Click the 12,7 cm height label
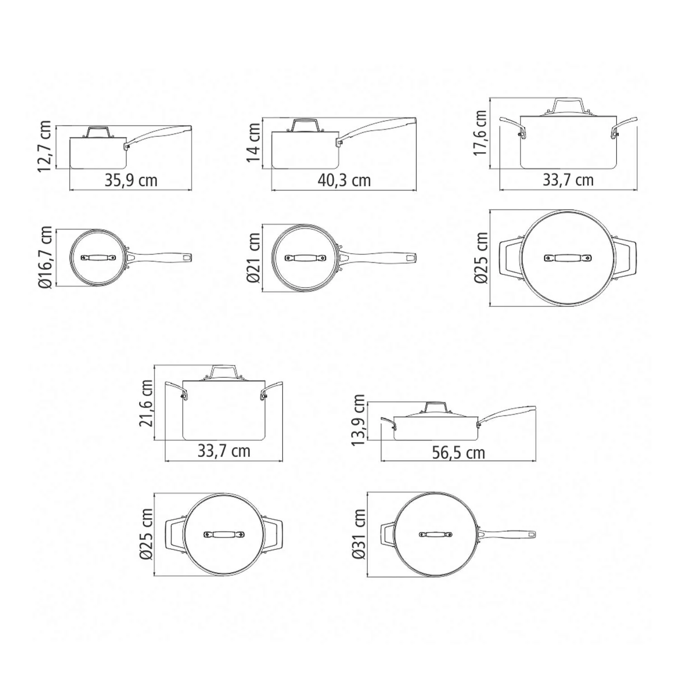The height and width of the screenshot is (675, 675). point(45,147)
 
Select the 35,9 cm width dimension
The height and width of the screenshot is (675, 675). point(131,180)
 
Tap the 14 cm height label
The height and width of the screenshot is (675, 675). point(254,142)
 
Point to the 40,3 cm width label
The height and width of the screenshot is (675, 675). point(344,180)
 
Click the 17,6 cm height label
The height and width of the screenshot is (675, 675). point(481,133)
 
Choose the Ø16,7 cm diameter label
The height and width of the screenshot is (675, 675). point(45,257)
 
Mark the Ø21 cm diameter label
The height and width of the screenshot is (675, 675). point(254,257)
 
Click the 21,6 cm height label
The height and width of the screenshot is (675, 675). point(146,403)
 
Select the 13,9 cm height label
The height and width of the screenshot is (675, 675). point(359,420)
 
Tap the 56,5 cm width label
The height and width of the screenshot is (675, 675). point(459,452)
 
